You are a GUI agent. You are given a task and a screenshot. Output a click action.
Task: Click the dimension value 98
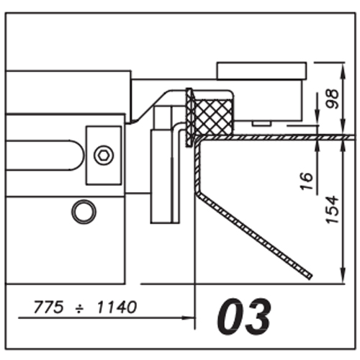tap(332, 99)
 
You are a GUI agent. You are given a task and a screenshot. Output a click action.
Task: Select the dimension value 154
tap(333, 210)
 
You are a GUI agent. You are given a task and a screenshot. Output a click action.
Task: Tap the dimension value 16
tap(307, 181)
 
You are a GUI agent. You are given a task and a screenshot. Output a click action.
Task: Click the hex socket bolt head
tap(104, 156)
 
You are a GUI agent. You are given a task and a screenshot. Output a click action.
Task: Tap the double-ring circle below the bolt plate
tap(84, 212)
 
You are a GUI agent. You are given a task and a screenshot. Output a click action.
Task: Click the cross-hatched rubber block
tap(215, 117)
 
